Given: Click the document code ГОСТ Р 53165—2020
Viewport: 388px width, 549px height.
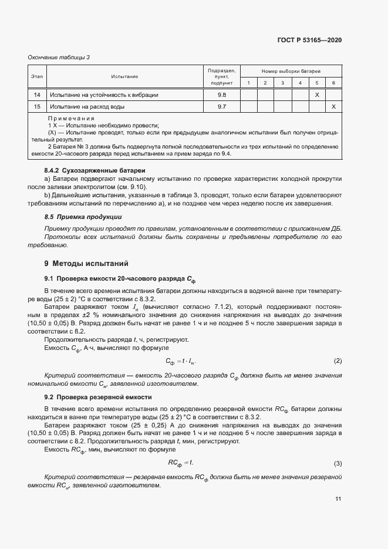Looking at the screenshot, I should [309, 41].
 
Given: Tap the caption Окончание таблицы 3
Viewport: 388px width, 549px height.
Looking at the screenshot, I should [59, 57].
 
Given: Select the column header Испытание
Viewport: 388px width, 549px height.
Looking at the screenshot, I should [124, 76].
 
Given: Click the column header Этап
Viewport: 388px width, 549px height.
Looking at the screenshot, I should [37, 76].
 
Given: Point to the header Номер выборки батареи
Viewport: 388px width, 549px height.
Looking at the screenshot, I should [291, 70].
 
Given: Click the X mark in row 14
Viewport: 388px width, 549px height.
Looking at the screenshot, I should [316, 95].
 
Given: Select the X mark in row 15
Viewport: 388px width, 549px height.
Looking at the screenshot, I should [333, 107].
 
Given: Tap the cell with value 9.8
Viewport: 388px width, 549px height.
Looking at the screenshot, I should [222, 95].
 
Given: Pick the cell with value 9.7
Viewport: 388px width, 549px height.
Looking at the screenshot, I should [222, 107].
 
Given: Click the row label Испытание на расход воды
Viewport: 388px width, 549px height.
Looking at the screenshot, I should [87, 107].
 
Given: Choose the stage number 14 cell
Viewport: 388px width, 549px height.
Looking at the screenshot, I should [37, 95].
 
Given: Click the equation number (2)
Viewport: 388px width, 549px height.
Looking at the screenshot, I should [338, 360].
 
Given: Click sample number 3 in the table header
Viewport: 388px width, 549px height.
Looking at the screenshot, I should [282, 83].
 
